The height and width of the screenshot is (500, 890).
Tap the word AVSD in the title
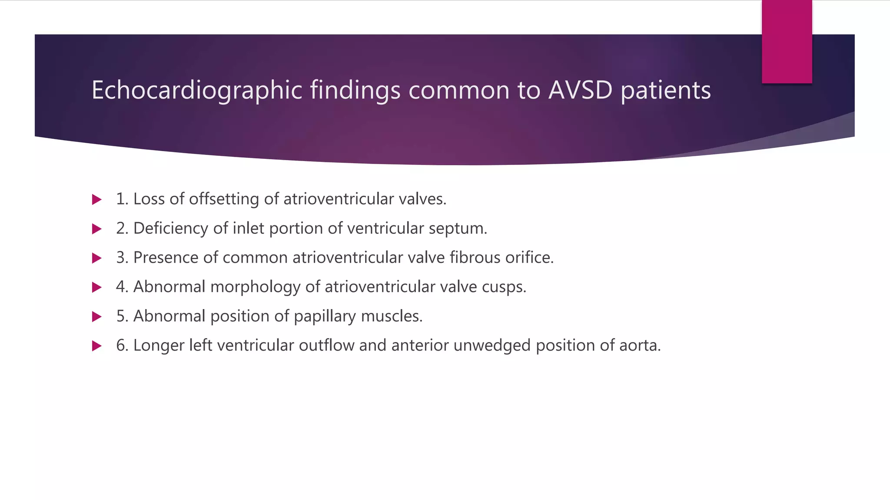pyautogui.click(x=580, y=90)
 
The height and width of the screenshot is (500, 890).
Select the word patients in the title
pyautogui.click(x=666, y=90)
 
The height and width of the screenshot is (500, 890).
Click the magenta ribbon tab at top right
pyautogui.click(x=787, y=42)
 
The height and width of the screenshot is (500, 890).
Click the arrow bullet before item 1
pyautogui.click(x=97, y=200)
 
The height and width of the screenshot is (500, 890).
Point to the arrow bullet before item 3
pyautogui.click(x=97, y=258)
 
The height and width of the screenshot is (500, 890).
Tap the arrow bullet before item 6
pyautogui.click(x=97, y=346)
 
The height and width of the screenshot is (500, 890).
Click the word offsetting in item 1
pyautogui.click(x=224, y=199)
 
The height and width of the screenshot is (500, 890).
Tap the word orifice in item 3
pyautogui.click(x=529, y=257)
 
